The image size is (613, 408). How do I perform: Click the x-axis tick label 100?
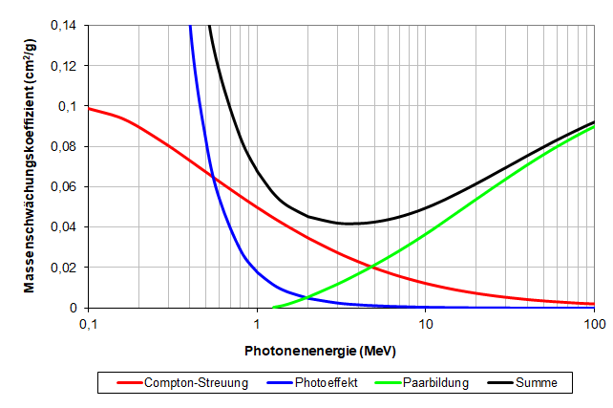(594, 324)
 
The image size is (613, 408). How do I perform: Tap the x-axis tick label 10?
(426, 324)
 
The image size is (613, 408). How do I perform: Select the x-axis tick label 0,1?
(88, 324)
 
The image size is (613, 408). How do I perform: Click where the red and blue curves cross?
(214, 177)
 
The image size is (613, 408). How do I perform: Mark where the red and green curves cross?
(373, 266)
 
